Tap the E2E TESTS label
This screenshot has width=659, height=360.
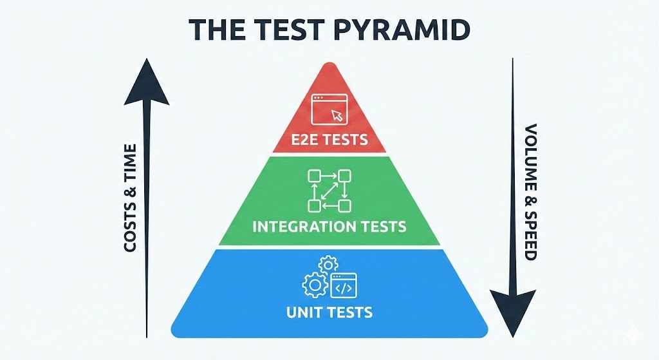coord(329,138)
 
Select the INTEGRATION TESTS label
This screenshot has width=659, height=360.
coord(329,226)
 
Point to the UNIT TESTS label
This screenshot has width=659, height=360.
coord(329,312)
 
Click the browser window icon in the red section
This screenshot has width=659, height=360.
coord(329,109)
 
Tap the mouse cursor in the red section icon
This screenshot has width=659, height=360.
coord(337,116)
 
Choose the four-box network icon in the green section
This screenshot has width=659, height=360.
coord(329,190)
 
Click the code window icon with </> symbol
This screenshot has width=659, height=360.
coord(343,287)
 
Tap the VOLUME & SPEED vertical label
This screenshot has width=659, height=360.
coord(530,191)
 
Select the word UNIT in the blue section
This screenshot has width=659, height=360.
coord(305,312)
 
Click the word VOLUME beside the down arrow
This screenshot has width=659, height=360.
coord(530,155)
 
